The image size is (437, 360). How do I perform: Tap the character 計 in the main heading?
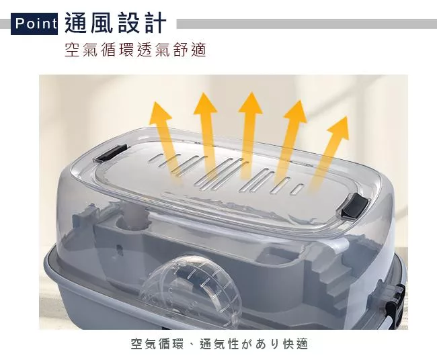155,23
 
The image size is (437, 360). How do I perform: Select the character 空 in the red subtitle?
72,50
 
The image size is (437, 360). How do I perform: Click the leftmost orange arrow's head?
160,113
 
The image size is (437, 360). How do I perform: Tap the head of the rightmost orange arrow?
338,128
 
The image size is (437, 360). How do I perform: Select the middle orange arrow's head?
251,103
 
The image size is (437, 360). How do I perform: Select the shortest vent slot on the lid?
296,189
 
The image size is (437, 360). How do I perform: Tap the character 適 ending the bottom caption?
302,344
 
